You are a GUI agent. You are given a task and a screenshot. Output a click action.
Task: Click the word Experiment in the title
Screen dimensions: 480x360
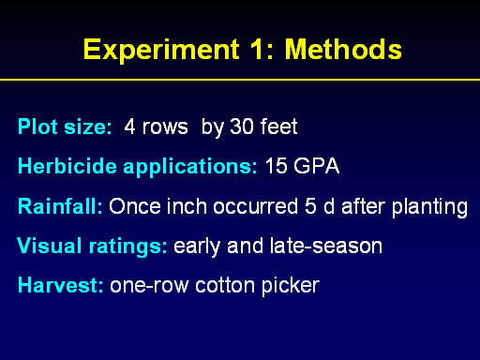pos(161,50)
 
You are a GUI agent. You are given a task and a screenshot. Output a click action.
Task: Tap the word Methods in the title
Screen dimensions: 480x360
pos(343,49)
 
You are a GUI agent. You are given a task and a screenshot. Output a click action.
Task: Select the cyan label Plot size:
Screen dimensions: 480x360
pos(65,127)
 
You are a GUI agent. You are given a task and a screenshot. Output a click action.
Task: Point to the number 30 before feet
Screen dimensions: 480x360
pos(242,127)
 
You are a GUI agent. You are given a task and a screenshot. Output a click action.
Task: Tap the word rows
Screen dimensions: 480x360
pos(165,127)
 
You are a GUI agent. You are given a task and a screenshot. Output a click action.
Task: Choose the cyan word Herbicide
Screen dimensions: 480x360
pos(67,166)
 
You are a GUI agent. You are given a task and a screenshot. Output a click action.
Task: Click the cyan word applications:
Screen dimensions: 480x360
pos(190,167)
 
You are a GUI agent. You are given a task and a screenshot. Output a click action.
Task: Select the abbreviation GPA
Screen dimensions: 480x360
pos(316,166)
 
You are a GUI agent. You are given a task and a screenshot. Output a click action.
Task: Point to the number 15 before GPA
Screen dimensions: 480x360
pos(276,166)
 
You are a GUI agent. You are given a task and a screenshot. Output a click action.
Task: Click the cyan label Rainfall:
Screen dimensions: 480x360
pos(60,206)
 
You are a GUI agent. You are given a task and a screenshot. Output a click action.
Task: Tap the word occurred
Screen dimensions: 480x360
pos(255,206)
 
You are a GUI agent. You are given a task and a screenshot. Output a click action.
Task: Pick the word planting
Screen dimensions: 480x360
pos(429,207)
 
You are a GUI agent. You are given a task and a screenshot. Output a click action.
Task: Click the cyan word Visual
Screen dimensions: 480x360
pos(50,246)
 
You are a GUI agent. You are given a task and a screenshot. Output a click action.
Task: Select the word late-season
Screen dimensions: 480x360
pos(326,246)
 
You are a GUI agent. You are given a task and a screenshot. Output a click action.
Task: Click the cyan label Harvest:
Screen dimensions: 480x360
pos(60,285)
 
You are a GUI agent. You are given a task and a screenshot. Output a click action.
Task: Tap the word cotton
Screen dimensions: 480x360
pos(225,286)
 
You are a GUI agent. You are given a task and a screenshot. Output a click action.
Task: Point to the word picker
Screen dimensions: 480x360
pos(291,286)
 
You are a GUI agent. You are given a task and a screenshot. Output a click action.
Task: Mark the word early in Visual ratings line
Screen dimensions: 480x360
pos(197,247)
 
